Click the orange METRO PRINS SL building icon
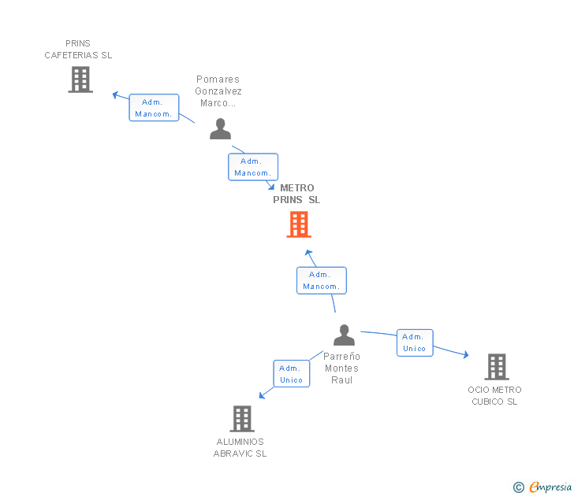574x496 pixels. (298, 224)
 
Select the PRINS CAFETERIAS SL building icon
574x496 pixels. (80, 80)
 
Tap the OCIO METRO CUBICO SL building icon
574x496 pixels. (496, 367)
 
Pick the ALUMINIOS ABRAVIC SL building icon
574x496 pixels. (242, 419)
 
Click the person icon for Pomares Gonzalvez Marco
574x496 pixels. (220, 129)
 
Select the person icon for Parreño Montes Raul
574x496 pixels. (344, 335)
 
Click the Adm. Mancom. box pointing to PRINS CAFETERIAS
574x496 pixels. (154, 108)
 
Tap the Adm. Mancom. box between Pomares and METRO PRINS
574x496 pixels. (253, 167)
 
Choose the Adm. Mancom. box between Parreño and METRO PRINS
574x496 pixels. (321, 280)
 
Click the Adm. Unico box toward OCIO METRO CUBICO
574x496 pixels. (414, 342)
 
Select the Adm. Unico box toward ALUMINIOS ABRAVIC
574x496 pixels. (291, 374)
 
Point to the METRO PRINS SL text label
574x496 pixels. (296, 194)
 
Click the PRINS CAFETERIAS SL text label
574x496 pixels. (78, 50)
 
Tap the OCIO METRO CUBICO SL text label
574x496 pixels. (494, 396)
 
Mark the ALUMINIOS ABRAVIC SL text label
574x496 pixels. (240, 448)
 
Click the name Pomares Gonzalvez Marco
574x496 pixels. (218, 91)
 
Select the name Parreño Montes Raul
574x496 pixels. (341, 368)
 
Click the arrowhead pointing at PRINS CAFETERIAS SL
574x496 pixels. (115, 94)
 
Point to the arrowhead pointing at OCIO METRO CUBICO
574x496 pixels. (465, 355)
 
